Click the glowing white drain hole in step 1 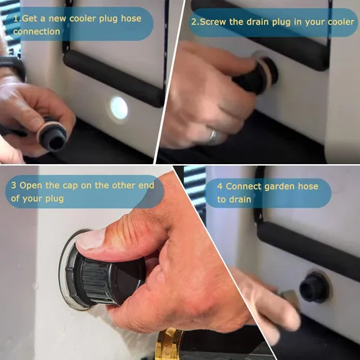(119, 108)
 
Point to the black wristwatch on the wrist (12, 67)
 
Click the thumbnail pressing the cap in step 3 (90, 240)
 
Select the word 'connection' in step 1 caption (37, 32)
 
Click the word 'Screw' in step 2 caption (213, 22)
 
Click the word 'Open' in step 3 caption (31, 185)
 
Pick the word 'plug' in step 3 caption (55, 199)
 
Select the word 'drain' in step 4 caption (240, 199)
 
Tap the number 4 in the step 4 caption (220, 186)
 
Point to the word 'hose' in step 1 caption (131, 19)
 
